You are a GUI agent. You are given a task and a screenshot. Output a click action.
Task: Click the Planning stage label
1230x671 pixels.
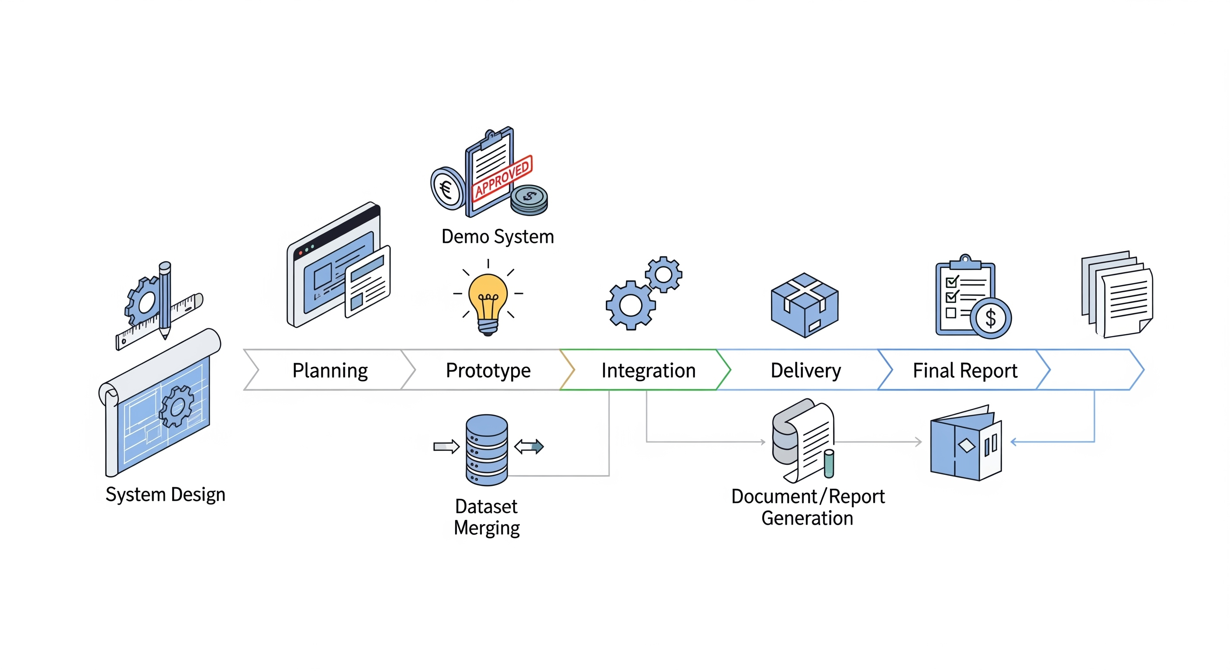(x=330, y=370)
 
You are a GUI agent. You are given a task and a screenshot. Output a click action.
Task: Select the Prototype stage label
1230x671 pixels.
(x=488, y=370)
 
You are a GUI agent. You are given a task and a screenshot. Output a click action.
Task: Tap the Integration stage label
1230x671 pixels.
(x=648, y=370)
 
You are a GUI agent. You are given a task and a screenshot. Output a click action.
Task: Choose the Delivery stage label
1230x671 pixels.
(x=805, y=370)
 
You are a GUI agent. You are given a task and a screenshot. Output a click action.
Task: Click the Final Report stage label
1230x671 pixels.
(x=964, y=370)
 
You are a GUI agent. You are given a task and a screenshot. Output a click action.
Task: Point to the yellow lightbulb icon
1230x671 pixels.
(x=487, y=301)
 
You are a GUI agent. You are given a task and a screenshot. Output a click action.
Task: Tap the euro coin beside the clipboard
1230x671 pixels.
(x=447, y=189)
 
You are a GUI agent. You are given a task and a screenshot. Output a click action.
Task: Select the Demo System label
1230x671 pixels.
(x=498, y=237)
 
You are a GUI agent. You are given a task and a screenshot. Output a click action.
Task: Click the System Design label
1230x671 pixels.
(x=165, y=495)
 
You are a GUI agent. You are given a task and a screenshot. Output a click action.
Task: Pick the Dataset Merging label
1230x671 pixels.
(x=487, y=517)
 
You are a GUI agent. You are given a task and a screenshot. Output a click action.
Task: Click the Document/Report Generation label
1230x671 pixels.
(x=808, y=507)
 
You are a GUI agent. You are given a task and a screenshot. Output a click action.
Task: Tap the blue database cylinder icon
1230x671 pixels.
(x=487, y=450)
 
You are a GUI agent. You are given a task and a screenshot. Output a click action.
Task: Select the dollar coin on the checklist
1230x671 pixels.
(x=991, y=318)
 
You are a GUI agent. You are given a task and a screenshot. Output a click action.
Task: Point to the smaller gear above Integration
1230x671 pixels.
(x=664, y=274)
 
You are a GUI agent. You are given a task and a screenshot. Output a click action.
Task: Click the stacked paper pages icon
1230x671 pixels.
(x=1117, y=293)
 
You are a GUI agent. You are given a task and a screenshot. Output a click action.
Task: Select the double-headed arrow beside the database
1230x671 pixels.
(x=529, y=446)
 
